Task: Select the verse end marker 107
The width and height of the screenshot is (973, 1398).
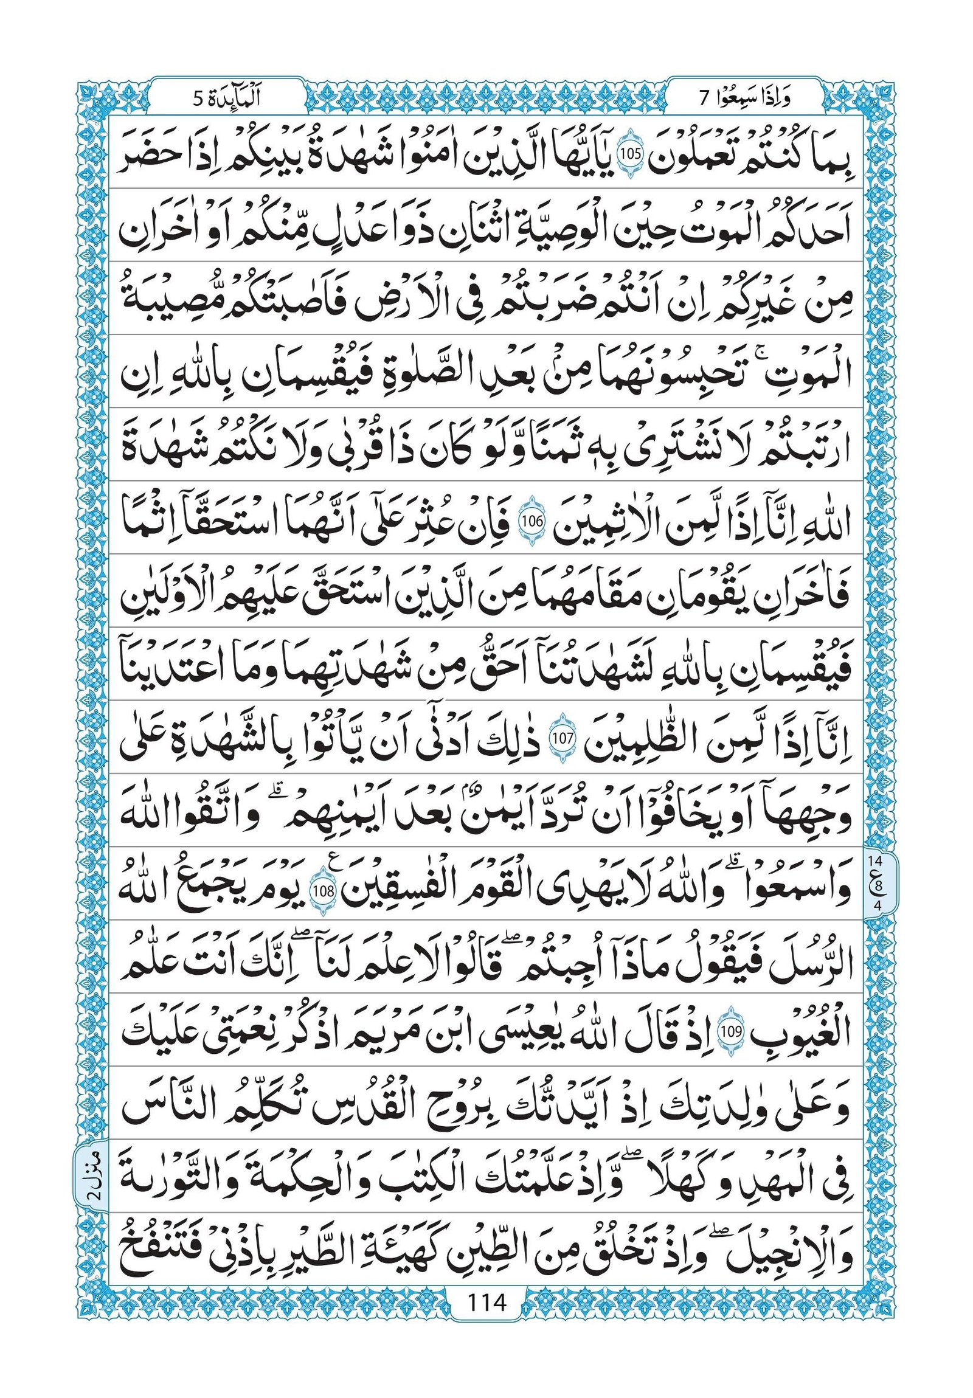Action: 559,740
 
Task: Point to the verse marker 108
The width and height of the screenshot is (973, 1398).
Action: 322,891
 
